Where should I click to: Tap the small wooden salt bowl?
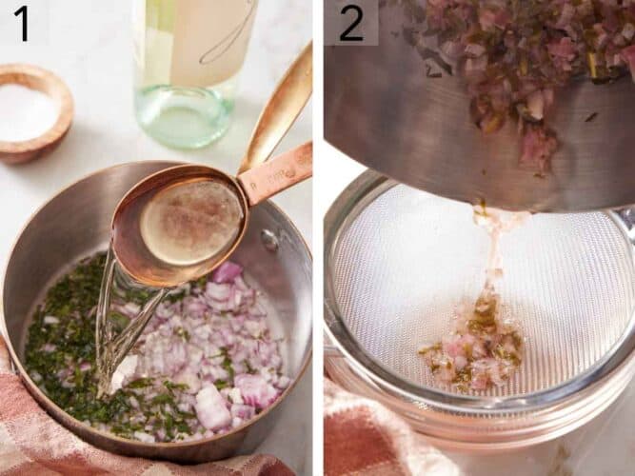(35, 112)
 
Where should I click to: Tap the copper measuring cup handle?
(275, 170)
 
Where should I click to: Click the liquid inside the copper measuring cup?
(191, 222)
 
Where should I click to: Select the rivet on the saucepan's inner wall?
(270, 239)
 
